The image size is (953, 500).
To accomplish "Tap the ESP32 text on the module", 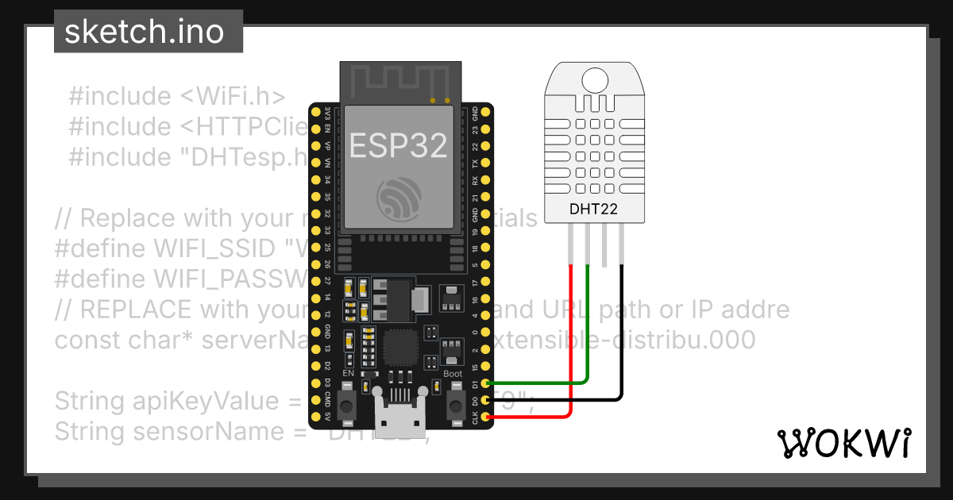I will coord(399,145).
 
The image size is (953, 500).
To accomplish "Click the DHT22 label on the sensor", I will coord(593,210).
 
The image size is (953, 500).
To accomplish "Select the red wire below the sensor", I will coord(570,333).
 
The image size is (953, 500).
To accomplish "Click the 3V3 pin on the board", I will coord(326,110).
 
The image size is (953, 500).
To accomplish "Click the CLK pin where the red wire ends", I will coord(486,416).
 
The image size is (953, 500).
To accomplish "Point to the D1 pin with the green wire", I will coord(486,383).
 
